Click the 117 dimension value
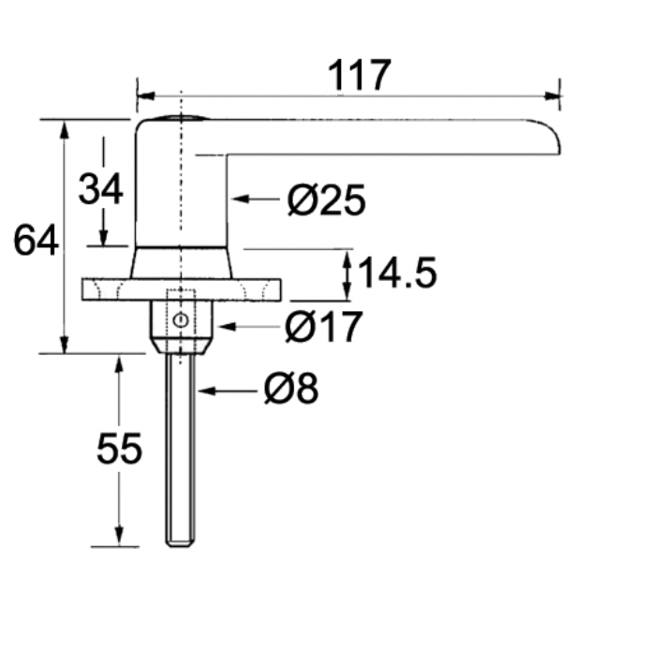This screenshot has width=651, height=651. click(x=358, y=75)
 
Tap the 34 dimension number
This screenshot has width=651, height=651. click(x=100, y=189)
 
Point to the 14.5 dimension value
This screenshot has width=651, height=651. click(x=398, y=274)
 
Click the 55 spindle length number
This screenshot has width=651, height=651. click(x=119, y=450)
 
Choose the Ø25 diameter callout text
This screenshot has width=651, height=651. click(x=325, y=200)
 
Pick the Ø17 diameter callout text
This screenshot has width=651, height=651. click(x=323, y=327)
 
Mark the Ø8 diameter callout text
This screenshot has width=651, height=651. click(x=291, y=390)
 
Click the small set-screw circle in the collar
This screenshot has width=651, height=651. click(x=181, y=321)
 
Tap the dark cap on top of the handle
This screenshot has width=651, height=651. click(x=181, y=118)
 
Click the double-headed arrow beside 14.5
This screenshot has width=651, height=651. click(x=348, y=274)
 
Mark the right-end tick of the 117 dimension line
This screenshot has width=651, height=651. click(x=559, y=92)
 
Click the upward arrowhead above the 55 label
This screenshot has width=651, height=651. click(x=119, y=363)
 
